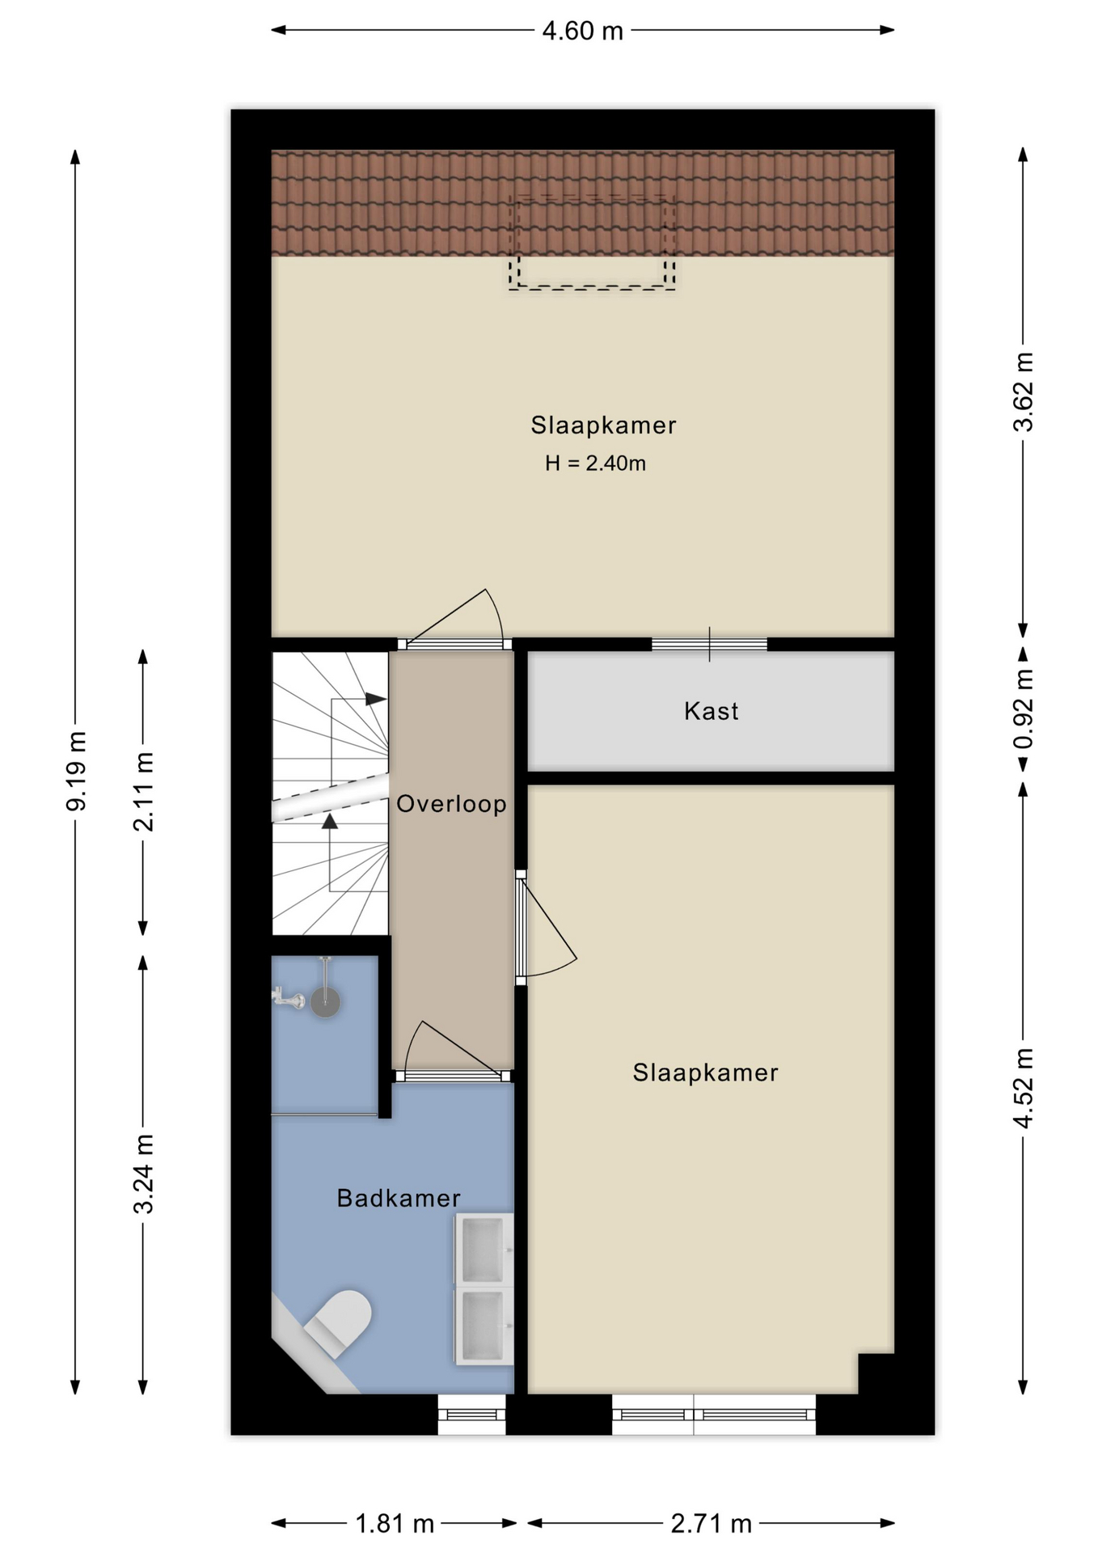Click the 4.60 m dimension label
coord(582,31)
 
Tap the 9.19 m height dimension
coord(77,770)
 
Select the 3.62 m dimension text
coord(1024,391)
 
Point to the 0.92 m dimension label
coord(1024,709)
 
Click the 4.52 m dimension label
coord(1024,1087)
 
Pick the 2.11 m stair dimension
coord(144,792)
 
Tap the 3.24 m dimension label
coord(144,1174)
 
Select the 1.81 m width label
coord(395,1524)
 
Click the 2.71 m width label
coord(712,1524)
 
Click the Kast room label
coord(712,711)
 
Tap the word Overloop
coord(451,803)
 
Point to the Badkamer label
coord(399,1198)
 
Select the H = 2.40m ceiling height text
coord(595,463)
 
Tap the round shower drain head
coord(326,1003)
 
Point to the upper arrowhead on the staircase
coord(376,699)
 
